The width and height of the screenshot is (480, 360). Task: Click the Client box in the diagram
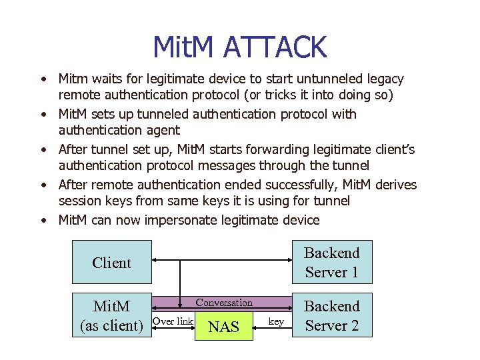point(111,263)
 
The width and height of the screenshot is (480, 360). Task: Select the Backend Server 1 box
point(332,263)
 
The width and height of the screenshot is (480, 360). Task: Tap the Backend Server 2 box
point(332,316)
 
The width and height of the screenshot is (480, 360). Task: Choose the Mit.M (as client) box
point(111,316)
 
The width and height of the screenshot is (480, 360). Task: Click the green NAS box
point(224,325)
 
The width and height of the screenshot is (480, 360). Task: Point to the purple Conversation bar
point(224,303)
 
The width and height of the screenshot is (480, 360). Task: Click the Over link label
point(173,321)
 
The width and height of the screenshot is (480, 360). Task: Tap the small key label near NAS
point(276,321)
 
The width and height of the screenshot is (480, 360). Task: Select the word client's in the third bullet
point(382,149)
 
